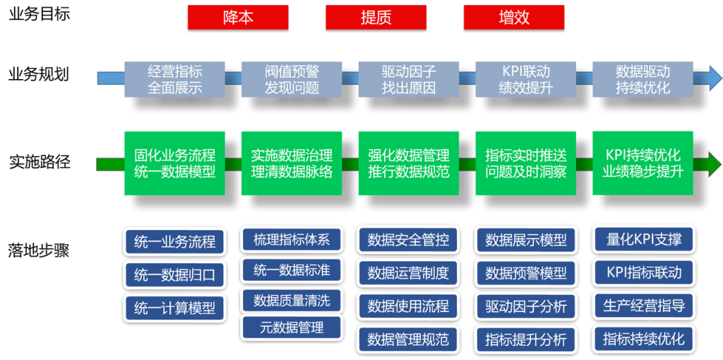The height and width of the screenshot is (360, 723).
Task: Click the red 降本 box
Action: [238, 18]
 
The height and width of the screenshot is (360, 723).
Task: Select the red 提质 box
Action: [376, 18]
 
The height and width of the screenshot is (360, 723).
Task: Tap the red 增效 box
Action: [514, 18]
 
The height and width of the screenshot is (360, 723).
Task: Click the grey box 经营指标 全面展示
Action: [174, 80]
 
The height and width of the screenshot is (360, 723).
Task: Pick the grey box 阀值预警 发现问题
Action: [292, 80]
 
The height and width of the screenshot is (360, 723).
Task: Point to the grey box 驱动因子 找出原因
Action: [409, 80]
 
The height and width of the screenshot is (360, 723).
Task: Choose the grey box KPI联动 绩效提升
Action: [525, 80]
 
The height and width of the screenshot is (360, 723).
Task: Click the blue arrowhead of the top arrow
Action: [715, 77]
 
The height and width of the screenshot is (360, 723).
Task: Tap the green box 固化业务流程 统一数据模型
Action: [174, 163]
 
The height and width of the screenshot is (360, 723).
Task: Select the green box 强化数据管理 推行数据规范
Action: [409, 163]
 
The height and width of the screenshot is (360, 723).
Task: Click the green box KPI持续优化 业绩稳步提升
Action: [643, 163]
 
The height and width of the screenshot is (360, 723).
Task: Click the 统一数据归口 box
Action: [174, 275]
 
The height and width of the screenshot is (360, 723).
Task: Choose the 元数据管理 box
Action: [292, 327]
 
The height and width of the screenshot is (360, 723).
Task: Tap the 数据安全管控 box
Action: [409, 240]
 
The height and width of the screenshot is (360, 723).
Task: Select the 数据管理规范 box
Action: [409, 339]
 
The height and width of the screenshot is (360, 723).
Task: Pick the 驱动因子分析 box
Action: [525, 306]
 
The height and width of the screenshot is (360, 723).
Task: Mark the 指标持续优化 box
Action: [643, 339]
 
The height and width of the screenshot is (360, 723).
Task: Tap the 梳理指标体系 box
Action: [292, 239]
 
